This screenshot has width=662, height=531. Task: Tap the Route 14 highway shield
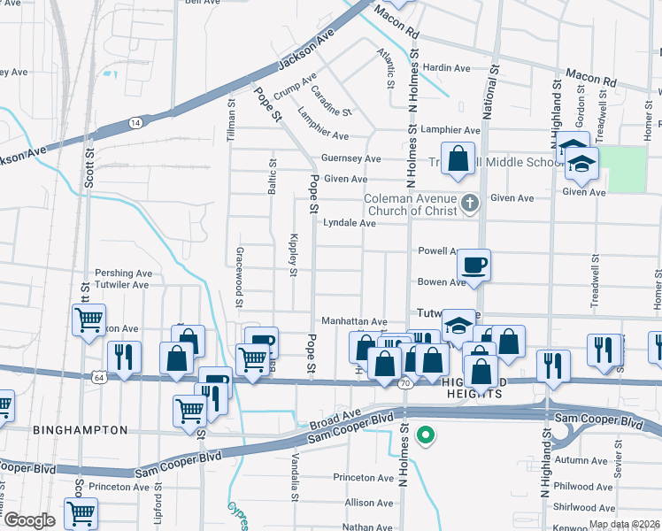(x=135, y=122)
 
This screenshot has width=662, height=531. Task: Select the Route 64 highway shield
(x=96, y=378)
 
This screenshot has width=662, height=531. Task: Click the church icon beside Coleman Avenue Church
(x=470, y=204)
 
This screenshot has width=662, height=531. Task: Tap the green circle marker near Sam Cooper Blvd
(x=426, y=435)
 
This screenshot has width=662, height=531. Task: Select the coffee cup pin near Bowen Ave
(x=473, y=265)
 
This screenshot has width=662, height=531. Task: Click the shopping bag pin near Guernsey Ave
(x=458, y=159)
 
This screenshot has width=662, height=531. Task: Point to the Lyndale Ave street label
(x=350, y=224)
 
